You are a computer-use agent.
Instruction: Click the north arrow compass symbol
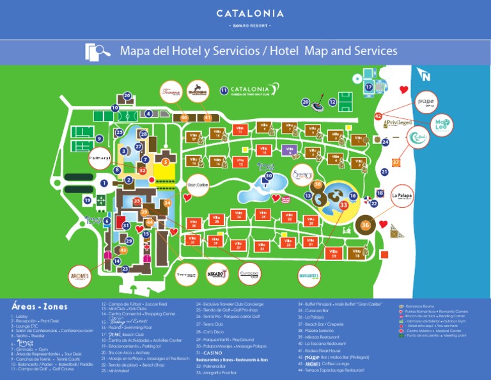[425, 75]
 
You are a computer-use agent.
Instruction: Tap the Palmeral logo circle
[100, 158]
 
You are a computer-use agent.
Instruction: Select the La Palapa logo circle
[401, 194]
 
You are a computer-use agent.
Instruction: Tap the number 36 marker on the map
[366, 225]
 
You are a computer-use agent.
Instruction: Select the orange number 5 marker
[166, 162]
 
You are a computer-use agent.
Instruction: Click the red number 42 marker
[378, 116]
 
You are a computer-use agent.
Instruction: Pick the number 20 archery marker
[306, 102]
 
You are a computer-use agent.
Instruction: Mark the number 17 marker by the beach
[369, 86]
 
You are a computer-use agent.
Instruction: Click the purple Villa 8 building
[290, 151]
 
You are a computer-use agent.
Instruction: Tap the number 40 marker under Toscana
[184, 118]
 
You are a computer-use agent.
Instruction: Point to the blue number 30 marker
[269, 176]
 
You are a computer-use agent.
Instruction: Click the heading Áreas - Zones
[39, 306]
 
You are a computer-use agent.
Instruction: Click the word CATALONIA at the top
[245, 13]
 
